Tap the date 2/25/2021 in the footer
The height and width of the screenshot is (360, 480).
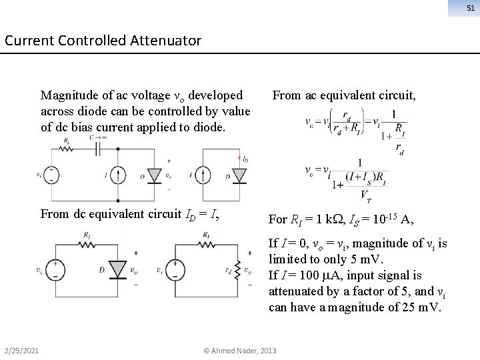click(21, 351)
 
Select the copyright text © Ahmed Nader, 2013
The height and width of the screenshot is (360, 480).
click(240, 351)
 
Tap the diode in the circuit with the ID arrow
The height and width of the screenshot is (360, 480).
click(237, 175)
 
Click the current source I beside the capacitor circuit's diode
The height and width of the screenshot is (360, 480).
click(117, 175)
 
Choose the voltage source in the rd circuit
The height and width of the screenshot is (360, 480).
click(177, 270)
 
